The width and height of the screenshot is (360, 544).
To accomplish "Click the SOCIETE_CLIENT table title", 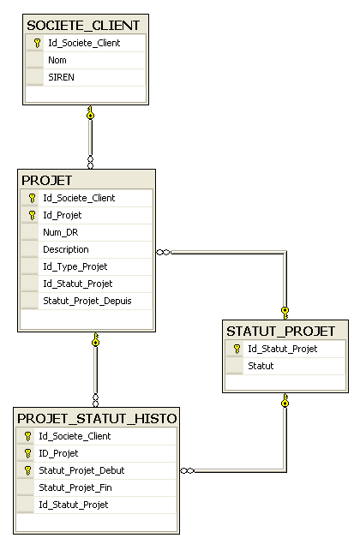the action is [x=83, y=26].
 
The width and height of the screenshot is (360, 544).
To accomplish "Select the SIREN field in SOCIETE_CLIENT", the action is [x=61, y=77].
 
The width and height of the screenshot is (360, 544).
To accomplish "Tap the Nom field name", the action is [x=57, y=60].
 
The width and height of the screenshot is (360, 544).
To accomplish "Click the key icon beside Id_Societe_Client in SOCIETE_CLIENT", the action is [x=37, y=44].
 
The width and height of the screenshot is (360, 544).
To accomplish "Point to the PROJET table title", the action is [x=47, y=181].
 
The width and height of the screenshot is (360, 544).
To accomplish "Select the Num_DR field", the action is [x=60, y=232].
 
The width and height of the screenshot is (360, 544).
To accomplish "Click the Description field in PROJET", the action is [x=66, y=249].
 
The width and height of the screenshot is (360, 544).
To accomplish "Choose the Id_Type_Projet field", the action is [x=75, y=266].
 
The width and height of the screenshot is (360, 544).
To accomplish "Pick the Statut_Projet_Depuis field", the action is [x=87, y=301].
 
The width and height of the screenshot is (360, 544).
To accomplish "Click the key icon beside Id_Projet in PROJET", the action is [x=32, y=215].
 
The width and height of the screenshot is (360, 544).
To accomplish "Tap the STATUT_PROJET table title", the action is [x=281, y=332].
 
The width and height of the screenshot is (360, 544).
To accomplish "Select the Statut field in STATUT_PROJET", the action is [x=261, y=366].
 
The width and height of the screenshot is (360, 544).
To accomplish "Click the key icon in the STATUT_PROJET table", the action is [x=237, y=349].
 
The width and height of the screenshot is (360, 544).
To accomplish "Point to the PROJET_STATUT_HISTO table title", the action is [x=97, y=419].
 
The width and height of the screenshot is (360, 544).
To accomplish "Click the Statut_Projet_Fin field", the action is [x=75, y=487].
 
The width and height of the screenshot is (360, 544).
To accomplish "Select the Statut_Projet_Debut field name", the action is [x=81, y=470].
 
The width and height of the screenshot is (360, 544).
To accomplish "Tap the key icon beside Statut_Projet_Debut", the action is [x=27, y=471].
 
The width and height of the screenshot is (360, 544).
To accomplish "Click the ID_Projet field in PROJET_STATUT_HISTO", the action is [x=58, y=453].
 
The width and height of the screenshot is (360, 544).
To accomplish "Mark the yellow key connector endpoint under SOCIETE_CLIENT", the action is [x=90, y=113].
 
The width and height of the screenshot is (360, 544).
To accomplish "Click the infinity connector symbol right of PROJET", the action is [x=164, y=252].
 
